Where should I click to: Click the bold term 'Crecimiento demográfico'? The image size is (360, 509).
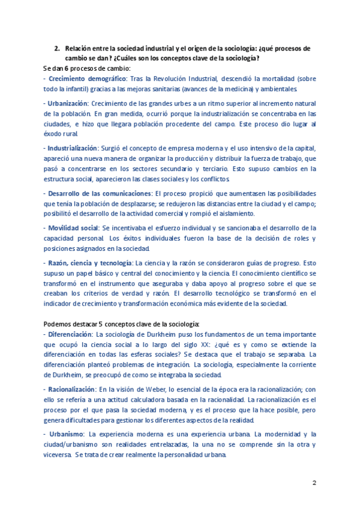pyautogui.click(x=87, y=79)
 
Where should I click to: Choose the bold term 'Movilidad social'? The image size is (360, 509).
pyautogui.click(x=73, y=228)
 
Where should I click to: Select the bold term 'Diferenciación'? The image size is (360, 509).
pyautogui.click(x=70, y=334)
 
